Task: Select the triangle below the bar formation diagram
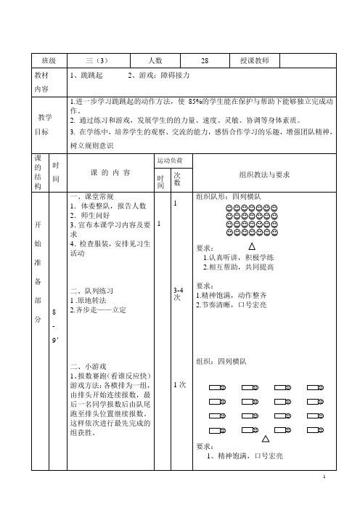pos(266,439)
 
